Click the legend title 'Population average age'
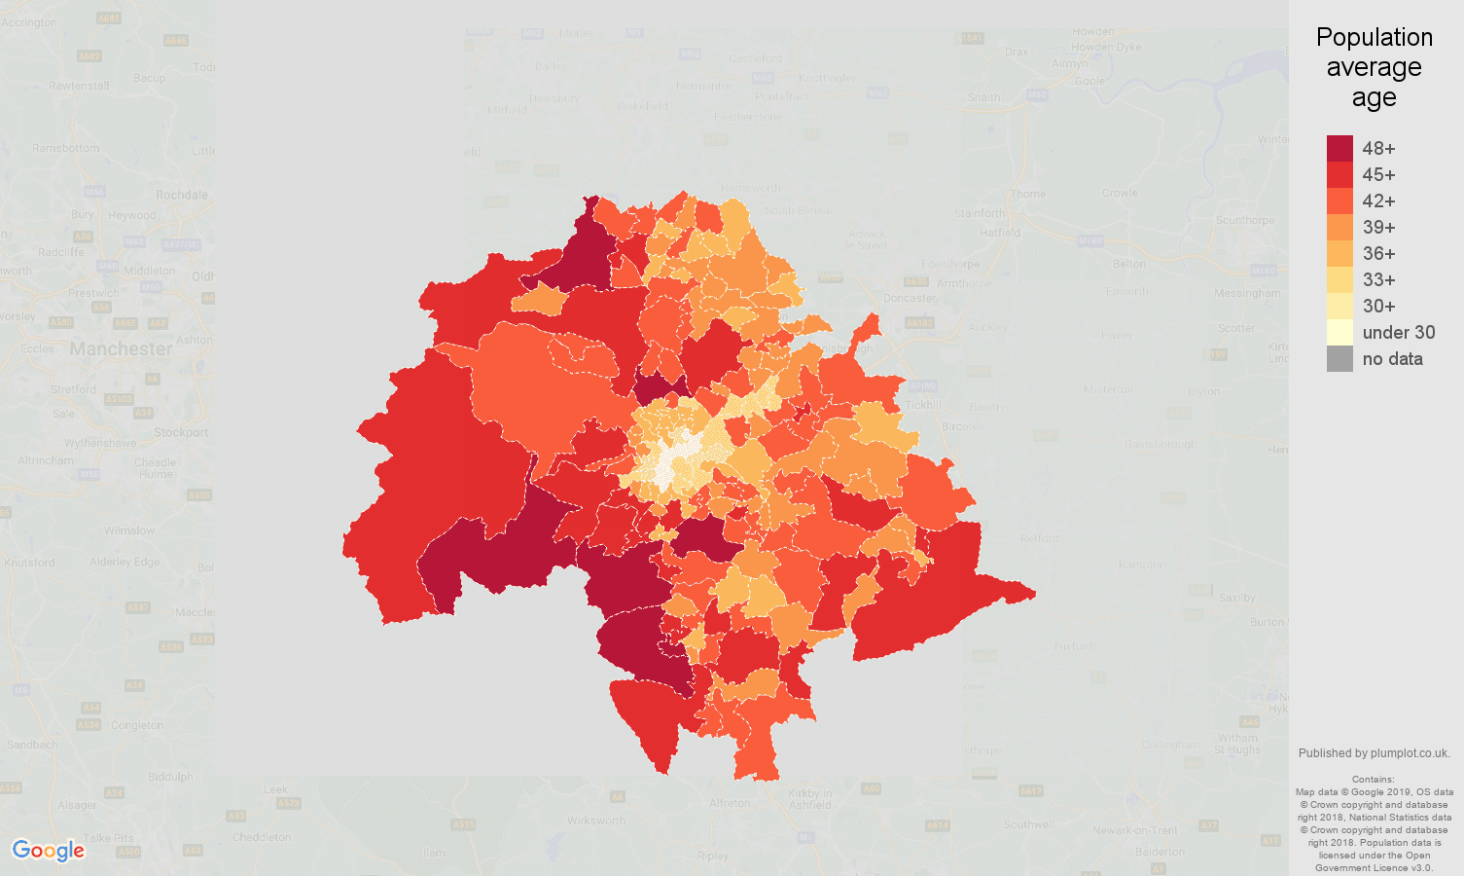click(1374, 67)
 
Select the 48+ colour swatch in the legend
click(1339, 148)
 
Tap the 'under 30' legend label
click(1398, 333)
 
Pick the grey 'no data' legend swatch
click(1339, 359)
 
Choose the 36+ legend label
click(1378, 254)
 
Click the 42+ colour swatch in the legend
click(1339, 201)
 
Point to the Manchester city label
click(121, 348)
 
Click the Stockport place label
click(181, 432)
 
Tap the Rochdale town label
click(182, 195)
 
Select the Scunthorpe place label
click(1244, 220)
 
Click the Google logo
click(49, 851)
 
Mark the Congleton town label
click(137, 725)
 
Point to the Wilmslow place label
click(129, 530)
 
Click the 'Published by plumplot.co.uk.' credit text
click(1374, 753)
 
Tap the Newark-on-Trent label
click(1135, 830)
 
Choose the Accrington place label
click(29, 22)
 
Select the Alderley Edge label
click(125, 562)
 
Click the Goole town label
click(1089, 81)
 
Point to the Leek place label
click(276, 790)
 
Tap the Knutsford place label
click(29, 563)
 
